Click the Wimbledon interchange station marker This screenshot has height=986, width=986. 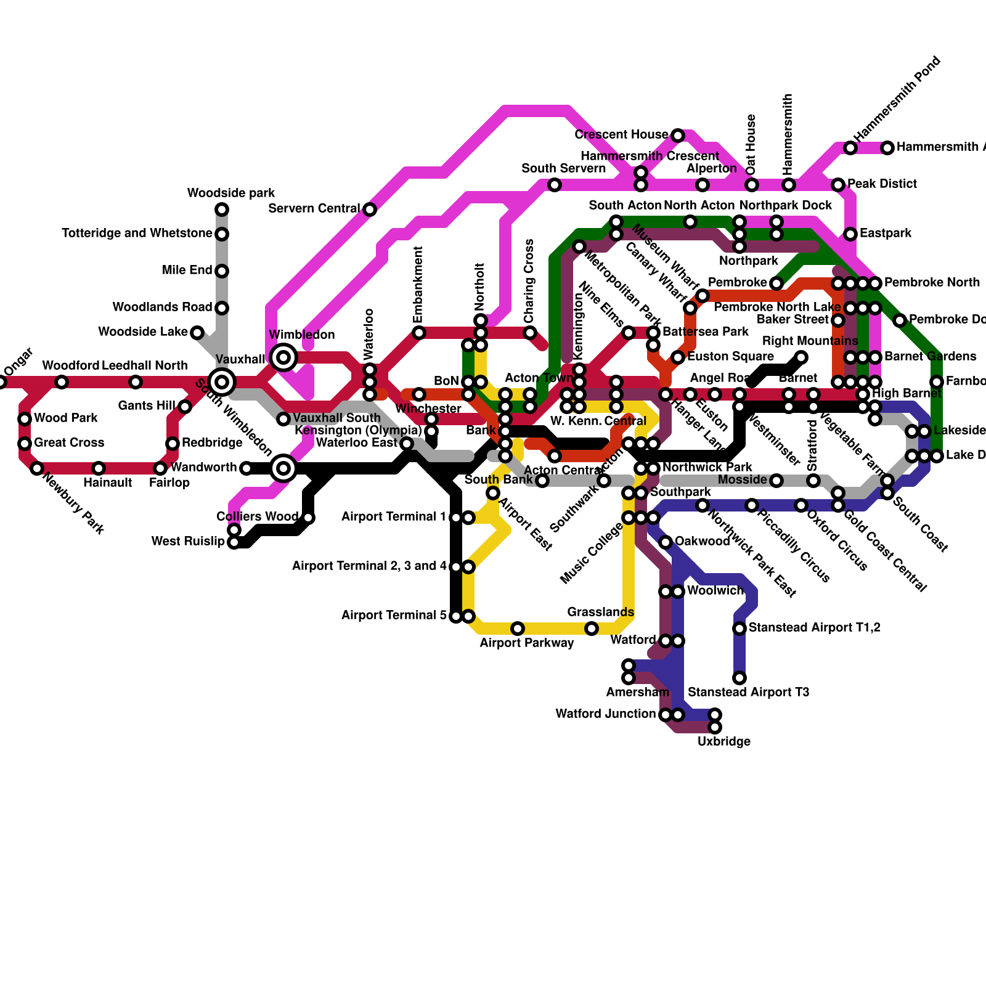point(283,357)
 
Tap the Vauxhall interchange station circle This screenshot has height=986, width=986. point(222,382)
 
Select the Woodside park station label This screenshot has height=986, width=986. point(231,194)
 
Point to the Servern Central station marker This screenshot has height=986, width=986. point(370,210)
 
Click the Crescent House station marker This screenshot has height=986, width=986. point(678,136)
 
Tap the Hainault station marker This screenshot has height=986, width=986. point(99,468)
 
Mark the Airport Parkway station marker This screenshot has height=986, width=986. point(518,629)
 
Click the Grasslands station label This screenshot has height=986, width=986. point(600,613)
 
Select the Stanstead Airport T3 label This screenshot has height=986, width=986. point(748,693)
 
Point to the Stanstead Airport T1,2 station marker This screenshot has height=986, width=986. point(739,629)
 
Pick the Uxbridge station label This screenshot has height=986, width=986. point(723,742)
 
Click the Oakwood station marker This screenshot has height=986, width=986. point(666,542)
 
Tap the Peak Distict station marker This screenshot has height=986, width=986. point(838,185)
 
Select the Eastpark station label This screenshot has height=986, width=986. point(886,234)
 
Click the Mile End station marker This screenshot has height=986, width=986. point(222,271)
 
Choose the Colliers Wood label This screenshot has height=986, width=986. point(257,517)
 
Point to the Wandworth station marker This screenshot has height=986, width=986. point(246,469)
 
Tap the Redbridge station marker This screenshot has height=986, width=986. point(173,444)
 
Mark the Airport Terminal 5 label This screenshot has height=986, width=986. point(394,616)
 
